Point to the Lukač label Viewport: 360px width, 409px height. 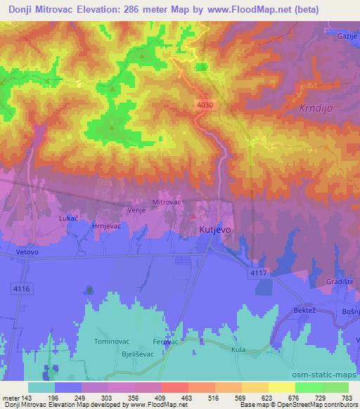[x=67, y=219]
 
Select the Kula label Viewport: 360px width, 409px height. [x=239, y=349]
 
